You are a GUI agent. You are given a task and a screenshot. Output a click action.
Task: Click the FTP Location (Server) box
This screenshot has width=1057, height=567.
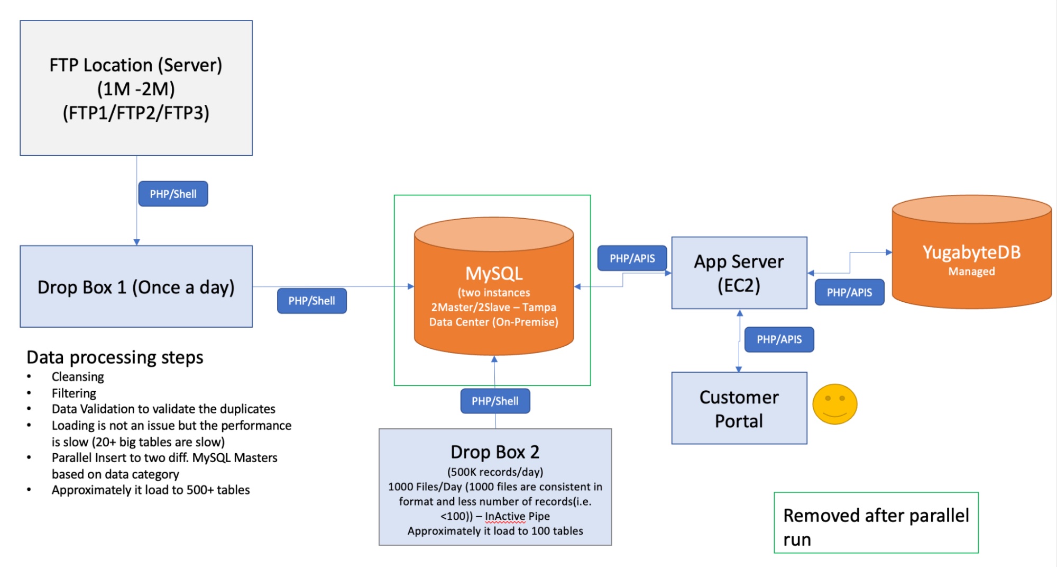(136, 88)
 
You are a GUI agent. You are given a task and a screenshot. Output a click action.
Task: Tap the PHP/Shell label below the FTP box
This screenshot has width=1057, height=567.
(173, 194)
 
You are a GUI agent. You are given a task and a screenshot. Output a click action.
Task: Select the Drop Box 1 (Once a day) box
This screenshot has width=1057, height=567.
(136, 286)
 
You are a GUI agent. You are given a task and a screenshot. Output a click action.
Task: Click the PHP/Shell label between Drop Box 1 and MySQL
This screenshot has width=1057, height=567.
(311, 301)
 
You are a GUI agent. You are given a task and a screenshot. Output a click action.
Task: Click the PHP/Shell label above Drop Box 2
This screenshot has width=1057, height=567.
(495, 401)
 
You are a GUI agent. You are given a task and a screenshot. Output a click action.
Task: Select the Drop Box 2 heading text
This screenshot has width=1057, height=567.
(495, 452)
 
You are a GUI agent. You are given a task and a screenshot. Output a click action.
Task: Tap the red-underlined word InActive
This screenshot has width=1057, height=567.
(505, 516)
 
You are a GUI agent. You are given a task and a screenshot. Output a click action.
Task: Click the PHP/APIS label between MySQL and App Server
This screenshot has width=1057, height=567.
(632, 258)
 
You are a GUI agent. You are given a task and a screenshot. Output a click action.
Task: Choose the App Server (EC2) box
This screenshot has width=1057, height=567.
(739, 273)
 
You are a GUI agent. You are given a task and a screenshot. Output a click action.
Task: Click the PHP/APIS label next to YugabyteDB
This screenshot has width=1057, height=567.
(849, 292)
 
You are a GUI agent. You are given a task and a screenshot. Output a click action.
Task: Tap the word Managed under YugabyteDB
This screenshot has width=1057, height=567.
(971, 272)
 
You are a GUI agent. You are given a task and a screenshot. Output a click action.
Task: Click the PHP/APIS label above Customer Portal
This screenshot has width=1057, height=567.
(779, 339)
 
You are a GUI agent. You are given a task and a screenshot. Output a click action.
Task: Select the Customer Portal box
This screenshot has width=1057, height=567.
(739, 408)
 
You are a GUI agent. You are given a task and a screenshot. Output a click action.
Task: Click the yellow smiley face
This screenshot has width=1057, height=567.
(834, 404)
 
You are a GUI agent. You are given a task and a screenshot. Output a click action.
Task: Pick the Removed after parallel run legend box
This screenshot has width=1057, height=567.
(876, 523)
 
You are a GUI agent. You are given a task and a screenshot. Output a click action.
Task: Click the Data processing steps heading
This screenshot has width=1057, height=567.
(115, 357)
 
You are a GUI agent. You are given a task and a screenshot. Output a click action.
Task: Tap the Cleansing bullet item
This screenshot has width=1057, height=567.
(78, 377)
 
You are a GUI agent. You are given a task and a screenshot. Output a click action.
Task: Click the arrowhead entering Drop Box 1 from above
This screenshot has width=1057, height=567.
(136, 242)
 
